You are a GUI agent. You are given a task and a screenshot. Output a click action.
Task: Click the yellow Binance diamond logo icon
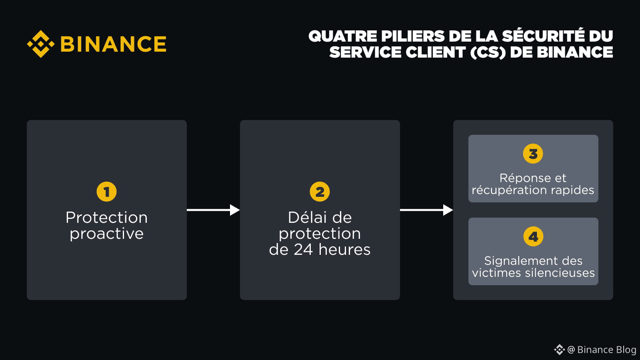40,44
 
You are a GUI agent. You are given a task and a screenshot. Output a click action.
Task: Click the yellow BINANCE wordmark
113,44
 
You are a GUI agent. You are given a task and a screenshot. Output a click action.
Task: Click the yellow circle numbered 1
106,192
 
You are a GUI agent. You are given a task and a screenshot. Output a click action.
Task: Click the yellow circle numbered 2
320,192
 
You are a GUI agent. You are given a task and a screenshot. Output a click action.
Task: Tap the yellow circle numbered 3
533,154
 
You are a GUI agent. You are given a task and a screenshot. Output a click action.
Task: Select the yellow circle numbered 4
533,236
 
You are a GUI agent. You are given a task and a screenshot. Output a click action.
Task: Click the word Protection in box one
106,218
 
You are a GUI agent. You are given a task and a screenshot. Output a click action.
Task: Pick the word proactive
106,234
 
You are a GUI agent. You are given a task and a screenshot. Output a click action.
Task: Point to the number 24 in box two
303,250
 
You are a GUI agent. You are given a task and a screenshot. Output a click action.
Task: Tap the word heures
344,250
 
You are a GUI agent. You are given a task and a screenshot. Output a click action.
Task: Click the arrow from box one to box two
213,210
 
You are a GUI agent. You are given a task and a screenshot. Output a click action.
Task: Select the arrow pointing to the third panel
426,210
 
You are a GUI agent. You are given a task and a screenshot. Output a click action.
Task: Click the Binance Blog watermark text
606,350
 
